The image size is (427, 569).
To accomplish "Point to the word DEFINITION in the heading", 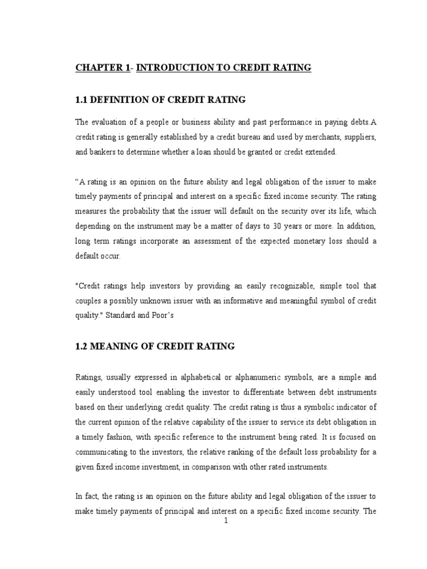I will pos(121,99).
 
